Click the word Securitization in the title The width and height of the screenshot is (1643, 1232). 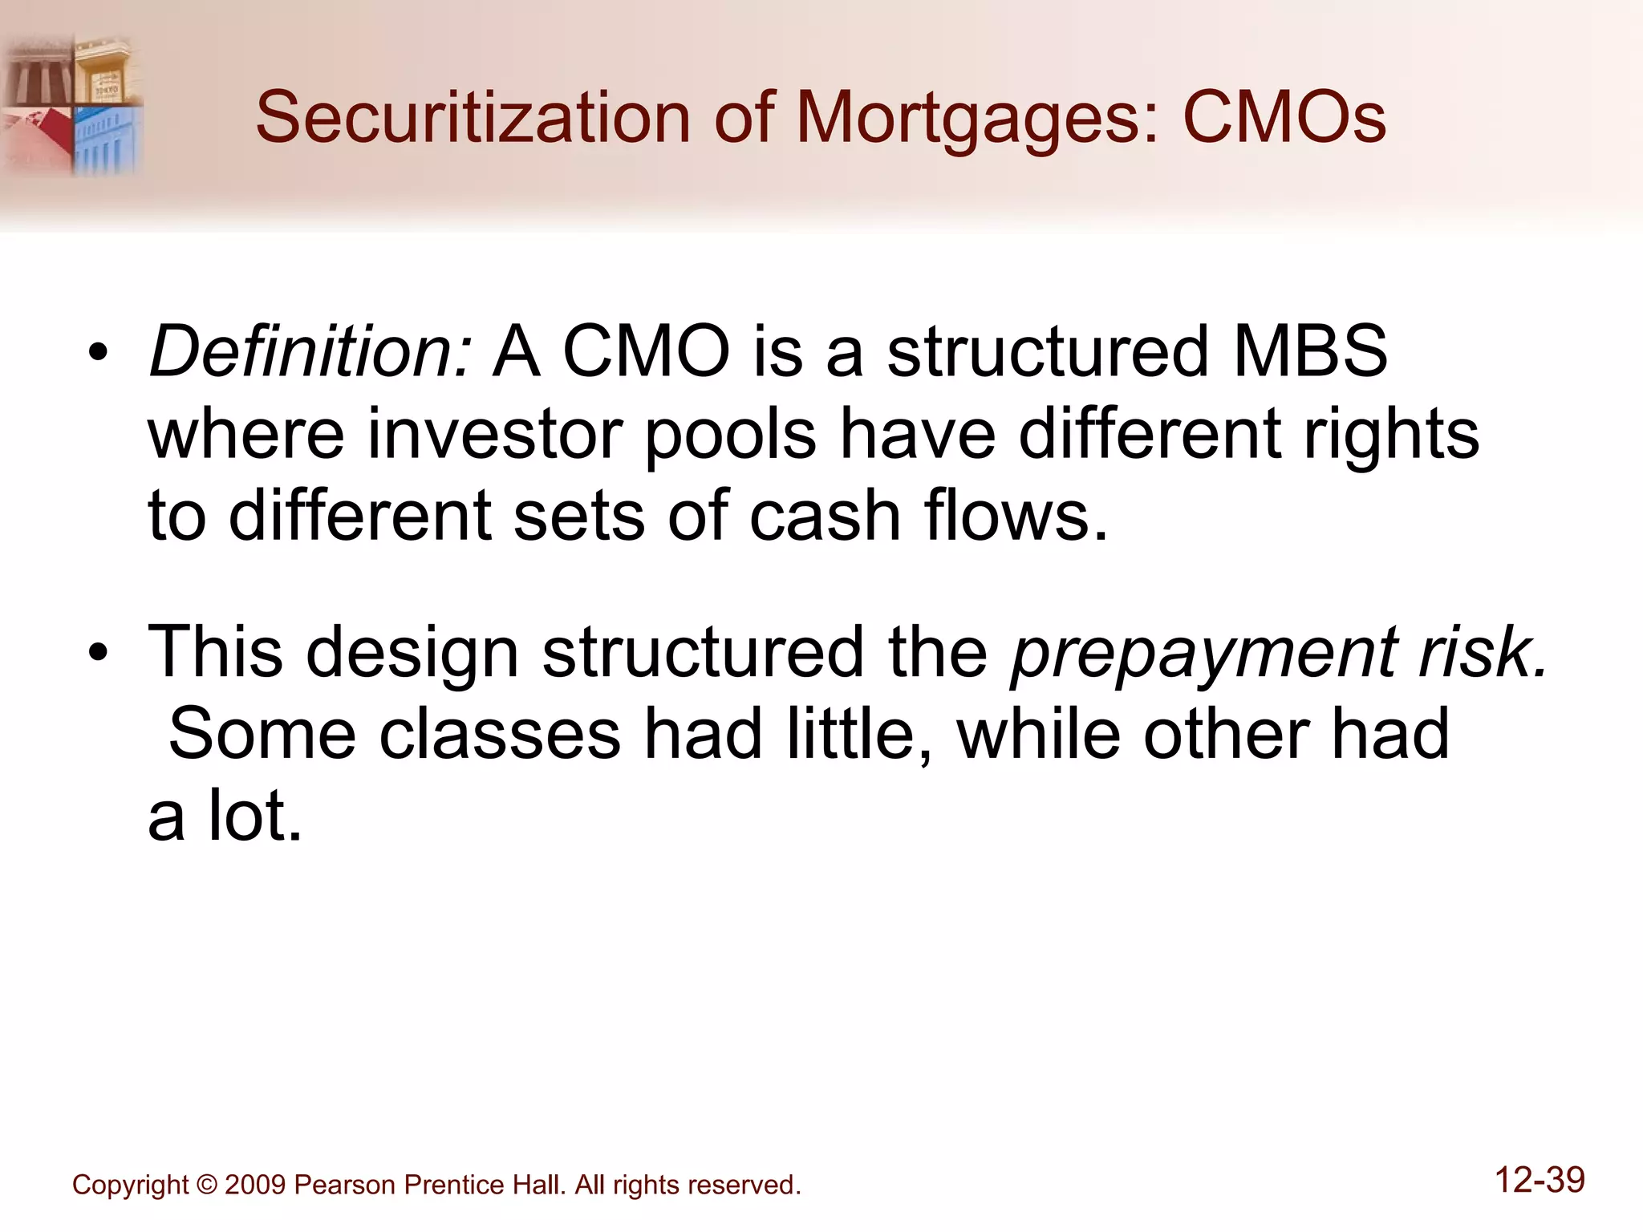[x=473, y=118]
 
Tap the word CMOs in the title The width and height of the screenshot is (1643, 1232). [x=1284, y=118]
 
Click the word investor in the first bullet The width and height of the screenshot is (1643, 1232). [x=495, y=434]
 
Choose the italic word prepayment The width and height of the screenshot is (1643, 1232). [x=1204, y=654]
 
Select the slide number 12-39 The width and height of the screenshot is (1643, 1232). [x=1540, y=1180]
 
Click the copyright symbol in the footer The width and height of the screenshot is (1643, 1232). [x=206, y=1185]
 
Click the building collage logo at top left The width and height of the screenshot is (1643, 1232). [x=72, y=104]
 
